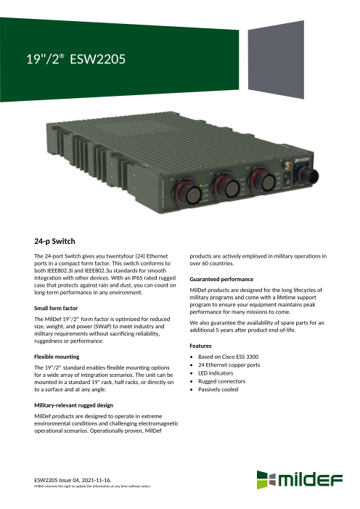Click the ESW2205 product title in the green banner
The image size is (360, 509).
[75, 59]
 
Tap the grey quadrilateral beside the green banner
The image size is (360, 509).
[276, 60]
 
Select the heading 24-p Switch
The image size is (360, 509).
[54, 241]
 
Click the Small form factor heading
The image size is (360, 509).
[56, 308]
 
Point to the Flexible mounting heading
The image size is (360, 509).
[57, 357]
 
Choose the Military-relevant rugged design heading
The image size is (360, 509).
[74, 405]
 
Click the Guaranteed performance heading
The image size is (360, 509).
[221, 279]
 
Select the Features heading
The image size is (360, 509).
[200, 346]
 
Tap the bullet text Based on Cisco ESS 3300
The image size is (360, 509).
[228, 357]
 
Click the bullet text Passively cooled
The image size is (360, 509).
[218, 389]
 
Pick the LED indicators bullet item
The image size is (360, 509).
[216, 373]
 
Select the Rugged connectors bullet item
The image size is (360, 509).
[221, 381]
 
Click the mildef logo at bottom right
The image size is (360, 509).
[299, 480]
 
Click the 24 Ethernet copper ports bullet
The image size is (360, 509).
[229, 365]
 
